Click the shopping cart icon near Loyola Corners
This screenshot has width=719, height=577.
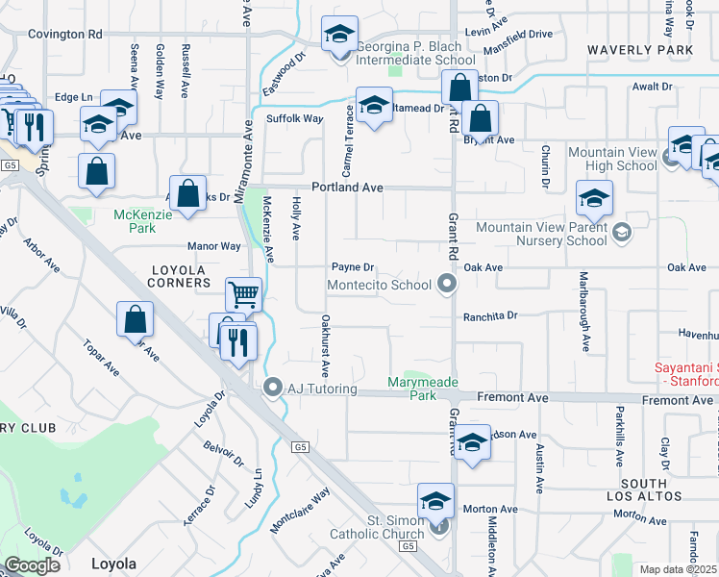click(x=244, y=293)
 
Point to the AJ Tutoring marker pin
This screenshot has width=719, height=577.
click(x=272, y=389)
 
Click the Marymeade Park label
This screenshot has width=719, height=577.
click(x=425, y=389)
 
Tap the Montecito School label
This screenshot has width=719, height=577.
click(x=379, y=285)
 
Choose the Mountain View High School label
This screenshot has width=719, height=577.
click(x=612, y=159)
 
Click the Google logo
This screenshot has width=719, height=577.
click(x=32, y=565)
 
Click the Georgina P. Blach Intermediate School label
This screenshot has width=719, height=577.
click(x=415, y=53)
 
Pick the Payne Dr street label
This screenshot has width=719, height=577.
click(x=352, y=267)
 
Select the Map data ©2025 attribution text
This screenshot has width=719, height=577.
click(x=678, y=569)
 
